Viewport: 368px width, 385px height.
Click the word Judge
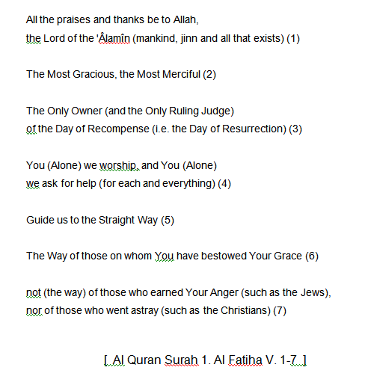[x=218, y=111]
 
